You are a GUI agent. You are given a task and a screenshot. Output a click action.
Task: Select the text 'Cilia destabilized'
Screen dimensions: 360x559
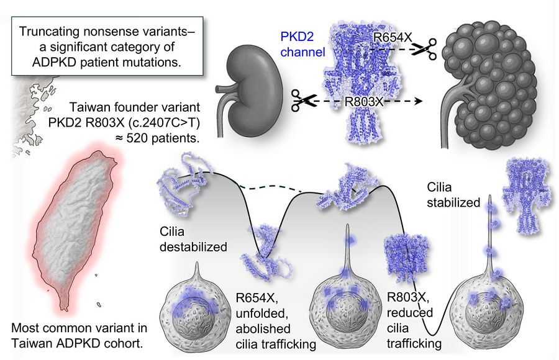(193, 239)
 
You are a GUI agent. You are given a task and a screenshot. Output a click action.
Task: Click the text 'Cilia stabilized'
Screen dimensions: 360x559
(454, 194)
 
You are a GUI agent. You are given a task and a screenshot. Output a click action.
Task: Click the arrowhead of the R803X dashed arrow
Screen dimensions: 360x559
(420, 101)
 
